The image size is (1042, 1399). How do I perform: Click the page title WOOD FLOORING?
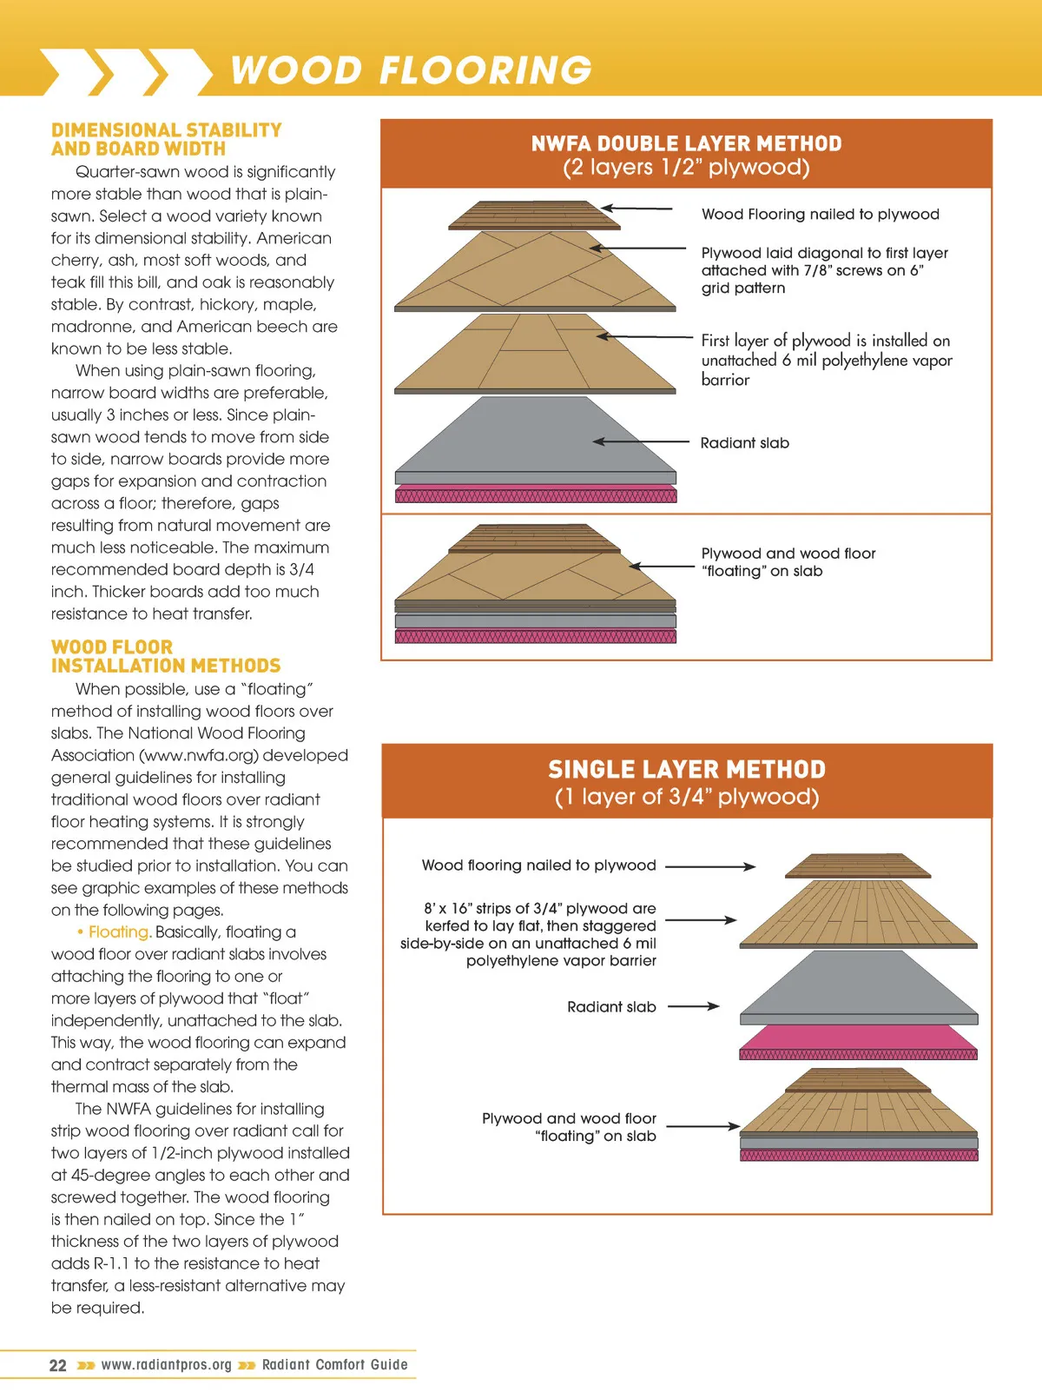point(411,70)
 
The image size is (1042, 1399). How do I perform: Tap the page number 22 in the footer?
point(57,1365)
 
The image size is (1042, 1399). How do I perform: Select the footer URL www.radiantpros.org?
point(167,1365)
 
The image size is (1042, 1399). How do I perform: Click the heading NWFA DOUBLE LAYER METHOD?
point(686,143)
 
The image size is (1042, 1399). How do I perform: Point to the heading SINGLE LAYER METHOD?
point(686,769)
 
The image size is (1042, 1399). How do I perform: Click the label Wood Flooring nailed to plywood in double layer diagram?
point(820,215)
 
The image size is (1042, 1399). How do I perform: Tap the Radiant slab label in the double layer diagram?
point(744,443)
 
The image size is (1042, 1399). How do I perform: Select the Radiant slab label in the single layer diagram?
point(611,1007)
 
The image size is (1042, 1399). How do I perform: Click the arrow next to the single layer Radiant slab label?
point(693,1006)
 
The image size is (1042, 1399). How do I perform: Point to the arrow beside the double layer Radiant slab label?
point(641,441)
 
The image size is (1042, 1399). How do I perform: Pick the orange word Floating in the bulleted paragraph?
point(120,932)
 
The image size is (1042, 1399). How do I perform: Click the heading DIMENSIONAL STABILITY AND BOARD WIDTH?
point(166,139)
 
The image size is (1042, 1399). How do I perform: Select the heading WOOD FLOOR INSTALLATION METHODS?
point(165,657)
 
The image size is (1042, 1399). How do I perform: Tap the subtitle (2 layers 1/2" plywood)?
point(686,168)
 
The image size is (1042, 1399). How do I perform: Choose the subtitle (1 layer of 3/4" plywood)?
point(686,797)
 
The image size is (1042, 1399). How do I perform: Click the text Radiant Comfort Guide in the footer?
point(334,1365)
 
